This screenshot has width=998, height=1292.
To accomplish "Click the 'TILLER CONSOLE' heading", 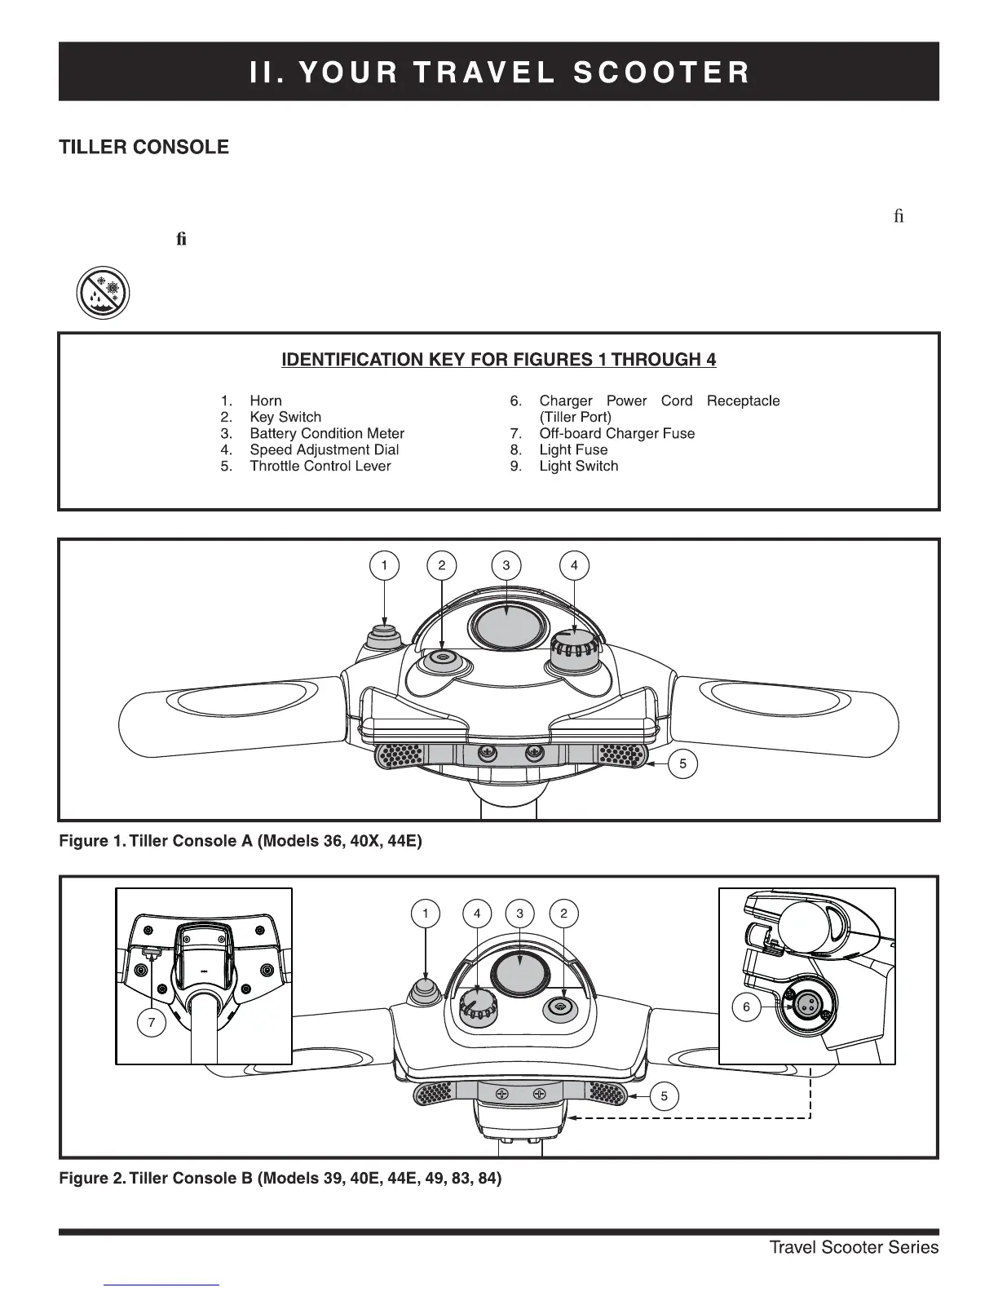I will (x=144, y=148).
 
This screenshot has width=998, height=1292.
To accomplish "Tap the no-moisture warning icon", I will (x=104, y=293).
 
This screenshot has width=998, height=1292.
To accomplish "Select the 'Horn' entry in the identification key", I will (x=265, y=400).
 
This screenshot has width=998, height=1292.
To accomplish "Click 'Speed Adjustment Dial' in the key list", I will (x=324, y=449).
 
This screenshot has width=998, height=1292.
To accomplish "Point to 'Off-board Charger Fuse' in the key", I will (x=616, y=433).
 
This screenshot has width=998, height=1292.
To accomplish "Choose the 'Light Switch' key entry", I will (x=578, y=466).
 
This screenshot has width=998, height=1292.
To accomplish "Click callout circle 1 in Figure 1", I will (x=384, y=565).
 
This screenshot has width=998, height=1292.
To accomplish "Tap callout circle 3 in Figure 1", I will (x=506, y=565).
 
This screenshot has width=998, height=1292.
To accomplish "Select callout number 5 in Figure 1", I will (x=683, y=764).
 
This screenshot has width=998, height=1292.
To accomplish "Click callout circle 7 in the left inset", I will (x=152, y=1023).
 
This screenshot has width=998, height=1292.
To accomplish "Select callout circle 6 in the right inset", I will (x=746, y=1007).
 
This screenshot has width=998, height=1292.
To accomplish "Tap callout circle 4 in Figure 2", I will (x=477, y=914).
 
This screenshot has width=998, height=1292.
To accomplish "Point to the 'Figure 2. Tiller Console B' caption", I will (x=280, y=1179).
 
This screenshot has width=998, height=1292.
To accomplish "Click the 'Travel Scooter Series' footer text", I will (x=854, y=1247).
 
